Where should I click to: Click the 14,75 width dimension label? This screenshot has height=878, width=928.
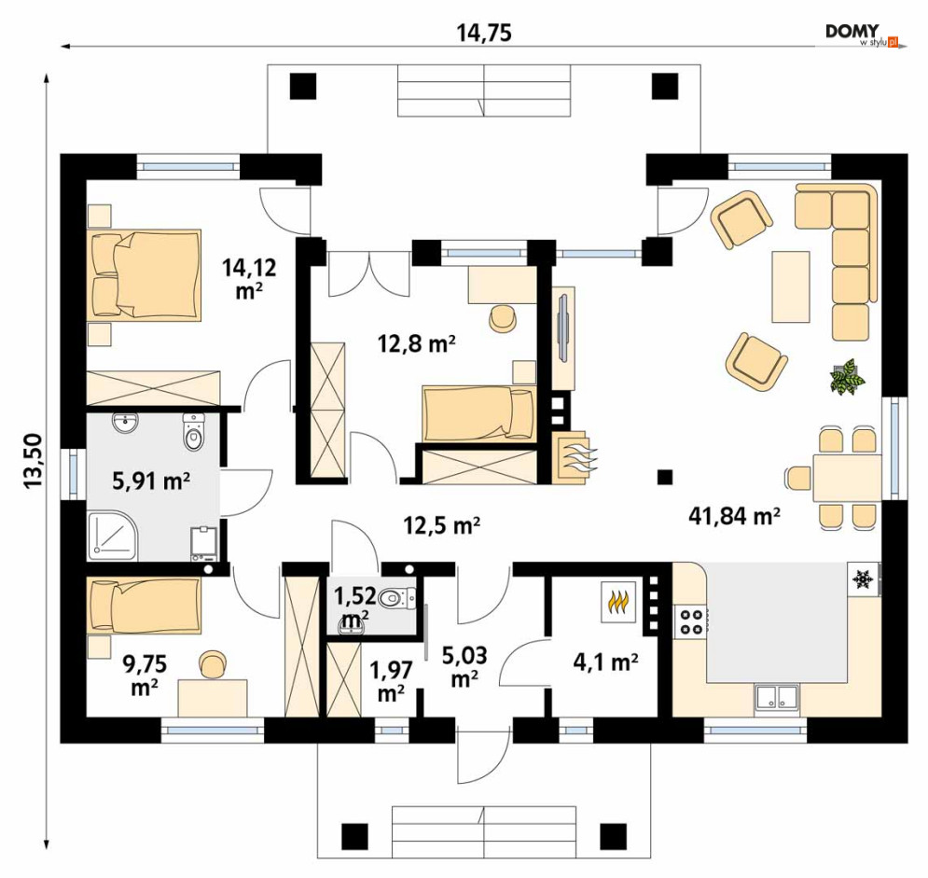pyautogui.click(x=483, y=34)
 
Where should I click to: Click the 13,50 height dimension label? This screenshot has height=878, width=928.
pyautogui.click(x=34, y=461)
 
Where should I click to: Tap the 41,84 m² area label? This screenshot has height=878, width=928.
pyautogui.click(x=734, y=516)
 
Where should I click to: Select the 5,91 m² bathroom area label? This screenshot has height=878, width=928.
pyautogui.click(x=151, y=481)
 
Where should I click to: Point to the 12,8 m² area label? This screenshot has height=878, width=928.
pyautogui.click(x=417, y=343)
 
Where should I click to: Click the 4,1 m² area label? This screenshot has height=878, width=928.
pyautogui.click(x=605, y=662)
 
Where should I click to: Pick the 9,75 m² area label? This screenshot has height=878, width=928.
pyautogui.click(x=145, y=676)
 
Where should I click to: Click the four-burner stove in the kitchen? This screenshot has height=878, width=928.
pyautogui.click(x=691, y=621)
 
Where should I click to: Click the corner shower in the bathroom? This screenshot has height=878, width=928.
pyautogui.click(x=114, y=537)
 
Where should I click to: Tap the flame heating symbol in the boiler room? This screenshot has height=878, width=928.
pyautogui.click(x=618, y=602)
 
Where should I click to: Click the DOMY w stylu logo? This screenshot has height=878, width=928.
pyautogui.click(x=864, y=35)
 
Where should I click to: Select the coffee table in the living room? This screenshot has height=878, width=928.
pyautogui.click(x=790, y=286)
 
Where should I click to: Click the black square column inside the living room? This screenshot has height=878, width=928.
pyautogui.click(x=665, y=477)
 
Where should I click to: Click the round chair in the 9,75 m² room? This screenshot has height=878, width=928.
pyautogui.click(x=213, y=664)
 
